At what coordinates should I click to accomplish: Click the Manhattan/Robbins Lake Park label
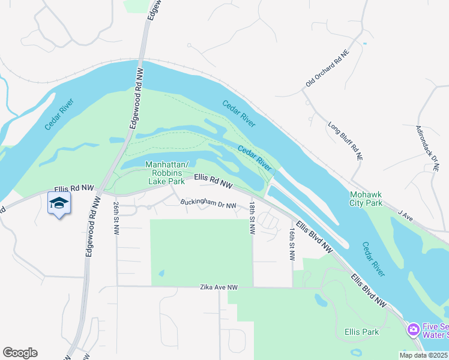pos(167,173)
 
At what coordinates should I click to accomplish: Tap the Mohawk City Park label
pos(366,199)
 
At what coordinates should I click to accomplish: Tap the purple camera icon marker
pos(413,329)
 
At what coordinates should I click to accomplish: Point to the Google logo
pos(20,353)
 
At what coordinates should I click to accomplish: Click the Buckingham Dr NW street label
pos(209,203)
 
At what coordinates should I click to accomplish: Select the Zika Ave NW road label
pos(219,288)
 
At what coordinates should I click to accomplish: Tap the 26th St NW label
pos(116,218)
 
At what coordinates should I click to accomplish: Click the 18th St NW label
pos(253,218)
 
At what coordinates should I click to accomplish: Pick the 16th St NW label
pos(292,243)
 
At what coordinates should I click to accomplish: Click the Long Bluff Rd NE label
pos(345,141)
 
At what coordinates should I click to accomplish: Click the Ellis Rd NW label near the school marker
pos(74,188)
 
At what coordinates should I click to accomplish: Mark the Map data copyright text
pos(424,355)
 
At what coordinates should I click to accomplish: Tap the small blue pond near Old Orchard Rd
pos(364,43)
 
